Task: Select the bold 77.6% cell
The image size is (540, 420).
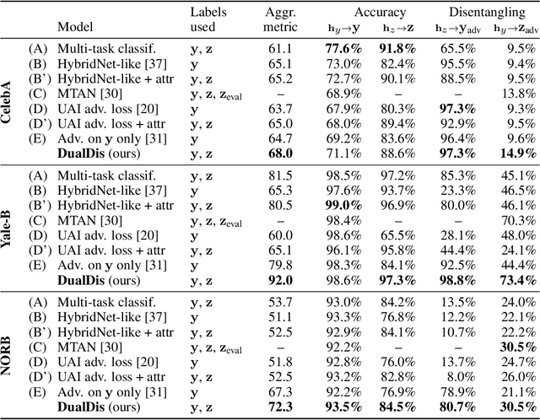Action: [x=344, y=49]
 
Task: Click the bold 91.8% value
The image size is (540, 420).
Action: [x=396, y=49]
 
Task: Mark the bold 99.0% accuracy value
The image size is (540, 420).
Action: [x=344, y=205]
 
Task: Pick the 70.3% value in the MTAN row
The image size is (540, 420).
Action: [x=516, y=220]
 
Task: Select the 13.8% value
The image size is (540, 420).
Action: [x=516, y=93]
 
